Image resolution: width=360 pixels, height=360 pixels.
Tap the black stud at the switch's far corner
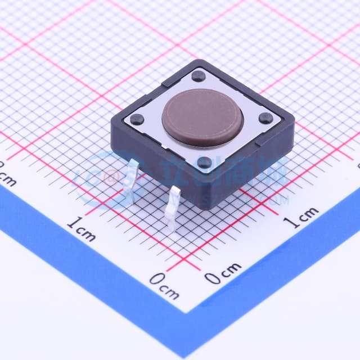pos(198,76)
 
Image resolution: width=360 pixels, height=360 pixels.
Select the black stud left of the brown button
pos(137,119)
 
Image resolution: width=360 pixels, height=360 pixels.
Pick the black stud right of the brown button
pos(265,118)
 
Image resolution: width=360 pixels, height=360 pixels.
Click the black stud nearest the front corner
pos(205,163)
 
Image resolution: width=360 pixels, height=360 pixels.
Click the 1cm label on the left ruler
pos(81,228)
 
